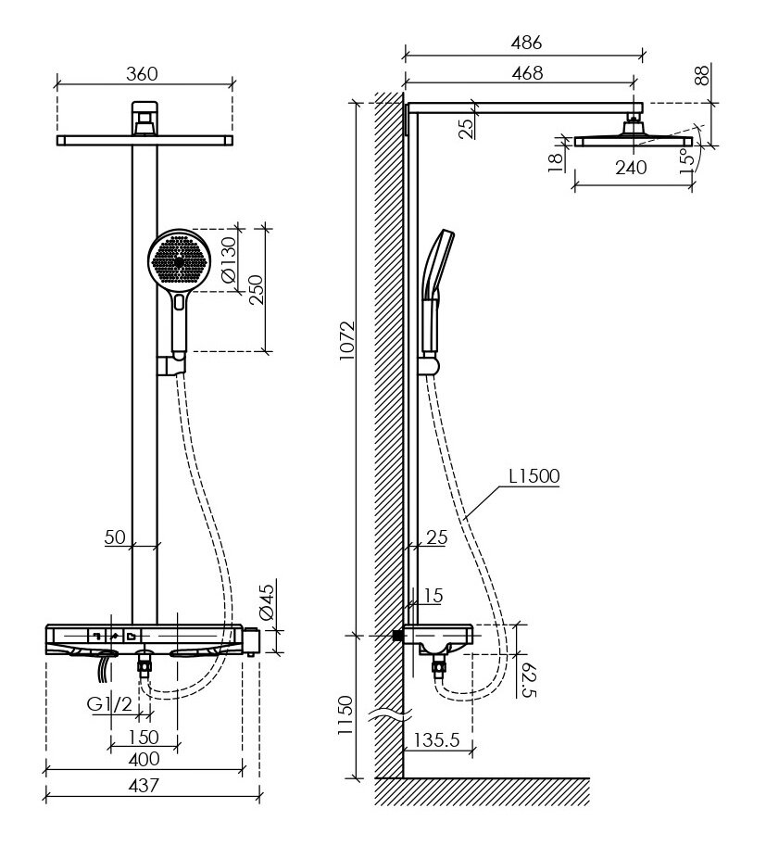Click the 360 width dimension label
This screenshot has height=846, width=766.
143,73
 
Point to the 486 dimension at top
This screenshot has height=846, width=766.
525,43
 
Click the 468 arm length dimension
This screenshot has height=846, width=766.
525,72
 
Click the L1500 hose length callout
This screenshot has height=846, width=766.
534,478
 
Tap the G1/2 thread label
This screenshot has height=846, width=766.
108,705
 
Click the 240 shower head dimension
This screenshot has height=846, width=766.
633,168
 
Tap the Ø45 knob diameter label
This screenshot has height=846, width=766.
267,601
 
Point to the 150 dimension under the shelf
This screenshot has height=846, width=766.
143,738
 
